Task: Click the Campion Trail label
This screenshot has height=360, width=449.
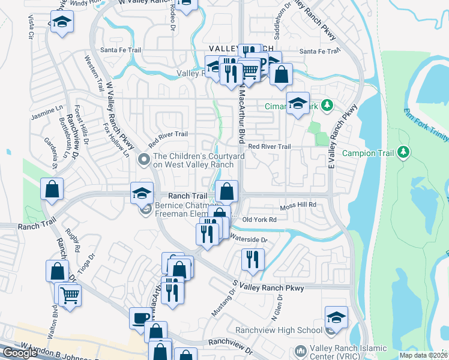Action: pyautogui.click(x=367, y=152)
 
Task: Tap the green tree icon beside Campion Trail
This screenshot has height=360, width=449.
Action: pyautogui.click(x=405, y=152)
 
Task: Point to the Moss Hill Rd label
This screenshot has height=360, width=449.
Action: pyautogui.click(x=298, y=206)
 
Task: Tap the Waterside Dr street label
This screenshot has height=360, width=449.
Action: pyautogui.click(x=249, y=239)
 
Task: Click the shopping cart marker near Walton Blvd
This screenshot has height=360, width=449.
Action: pyautogui.click(x=70, y=295)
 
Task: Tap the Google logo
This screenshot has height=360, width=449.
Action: pyautogui.click(x=20, y=353)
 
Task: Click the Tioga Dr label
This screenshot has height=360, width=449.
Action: pyautogui.click(x=92, y=264)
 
